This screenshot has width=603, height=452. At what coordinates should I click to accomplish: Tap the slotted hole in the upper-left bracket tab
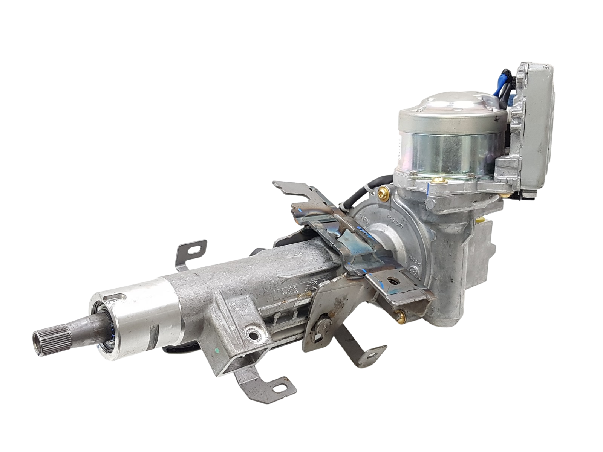195,249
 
